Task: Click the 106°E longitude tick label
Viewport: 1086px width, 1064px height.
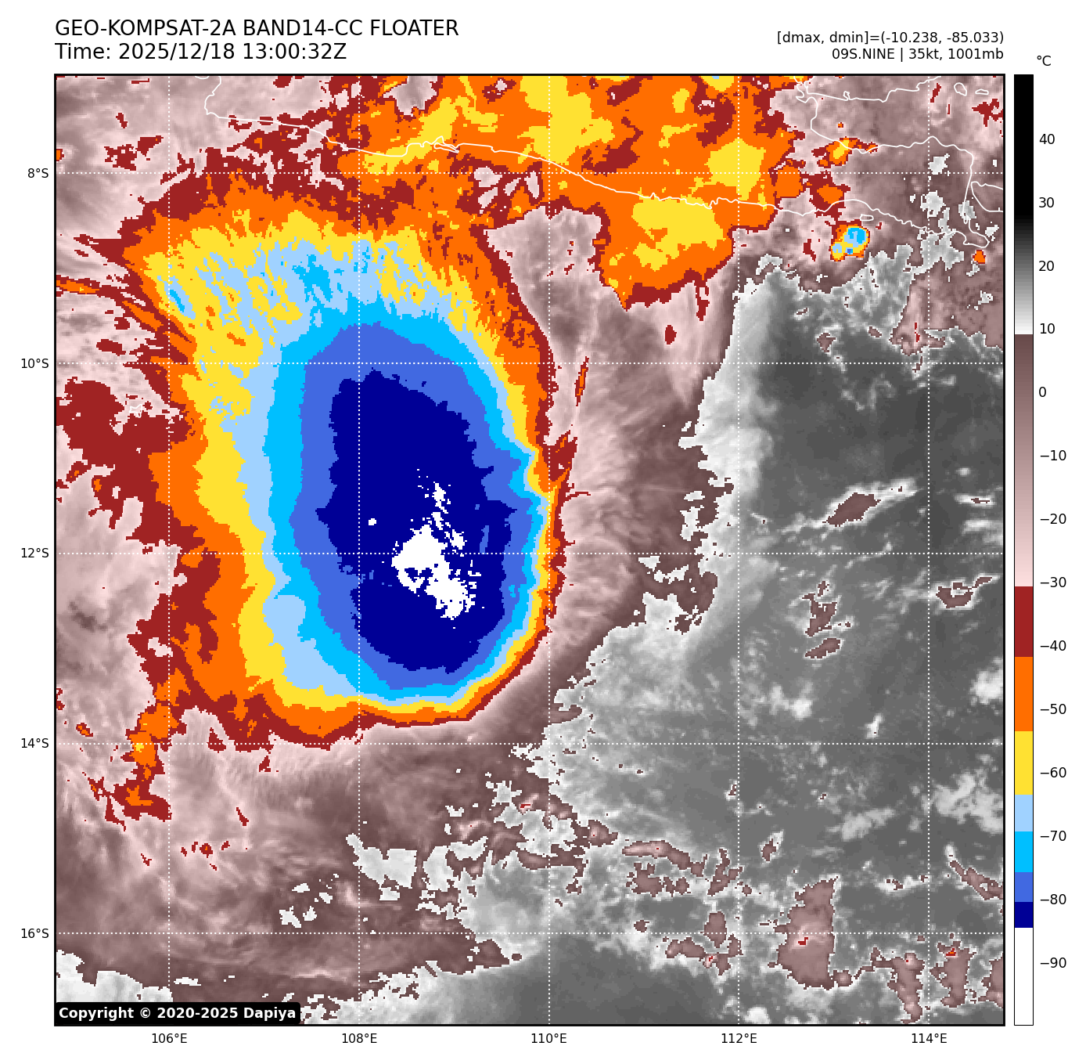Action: click(169, 1039)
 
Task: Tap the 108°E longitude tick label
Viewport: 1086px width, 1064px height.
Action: click(359, 1039)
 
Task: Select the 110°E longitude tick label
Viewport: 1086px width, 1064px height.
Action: click(548, 1039)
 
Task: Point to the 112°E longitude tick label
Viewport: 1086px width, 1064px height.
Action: click(739, 1039)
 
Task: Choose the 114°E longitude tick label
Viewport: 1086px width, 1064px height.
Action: click(929, 1039)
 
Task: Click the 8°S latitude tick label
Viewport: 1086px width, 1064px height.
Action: click(38, 173)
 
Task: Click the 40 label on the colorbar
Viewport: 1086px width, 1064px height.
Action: click(1047, 139)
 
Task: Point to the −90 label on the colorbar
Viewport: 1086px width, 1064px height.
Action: click(1052, 963)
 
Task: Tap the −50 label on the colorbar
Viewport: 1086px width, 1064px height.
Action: click(1052, 709)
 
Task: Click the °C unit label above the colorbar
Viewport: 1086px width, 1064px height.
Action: click(1044, 61)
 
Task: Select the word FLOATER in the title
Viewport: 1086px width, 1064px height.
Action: click(414, 29)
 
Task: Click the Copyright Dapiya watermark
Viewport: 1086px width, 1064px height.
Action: click(178, 1013)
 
